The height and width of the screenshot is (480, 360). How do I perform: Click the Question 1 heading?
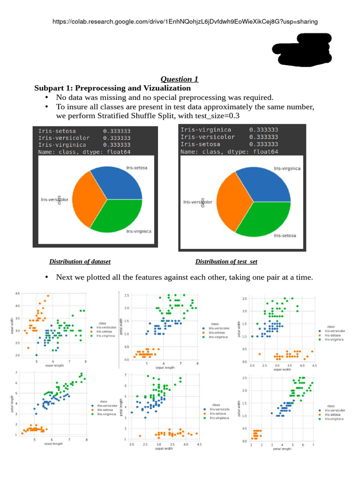[x=176, y=79]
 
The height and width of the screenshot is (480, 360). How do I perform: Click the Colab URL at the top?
[x=185, y=22]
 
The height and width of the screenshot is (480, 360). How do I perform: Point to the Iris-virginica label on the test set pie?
[x=288, y=168]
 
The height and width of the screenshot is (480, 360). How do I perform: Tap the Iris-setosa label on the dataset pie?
[x=136, y=167]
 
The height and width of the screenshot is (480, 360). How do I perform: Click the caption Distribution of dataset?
[x=80, y=262]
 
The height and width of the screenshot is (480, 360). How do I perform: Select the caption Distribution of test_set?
[x=226, y=262]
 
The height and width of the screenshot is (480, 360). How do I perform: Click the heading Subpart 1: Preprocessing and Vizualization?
[x=112, y=88]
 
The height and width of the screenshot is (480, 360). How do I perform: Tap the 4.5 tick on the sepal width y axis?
[x=17, y=293]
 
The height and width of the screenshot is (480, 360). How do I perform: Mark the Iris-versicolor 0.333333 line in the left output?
[x=84, y=138]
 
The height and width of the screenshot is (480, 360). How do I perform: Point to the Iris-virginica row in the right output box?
[x=229, y=130]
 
